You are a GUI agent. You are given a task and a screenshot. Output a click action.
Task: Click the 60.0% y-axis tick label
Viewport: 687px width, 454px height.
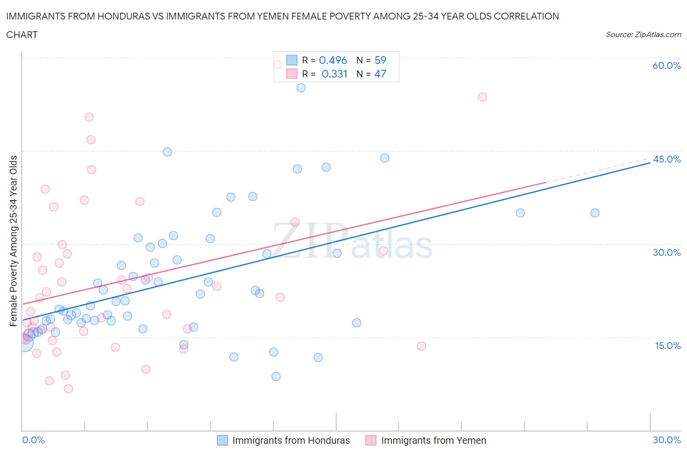click(x=666, y=65)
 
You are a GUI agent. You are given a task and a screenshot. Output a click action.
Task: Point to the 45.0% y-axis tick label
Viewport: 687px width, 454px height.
click(x=666, y=159)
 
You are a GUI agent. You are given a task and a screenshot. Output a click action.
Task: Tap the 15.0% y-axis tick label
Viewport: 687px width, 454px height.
click(x=667, y=346)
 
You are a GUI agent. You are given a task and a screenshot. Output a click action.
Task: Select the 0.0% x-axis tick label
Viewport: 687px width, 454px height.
click(x=33, y=440)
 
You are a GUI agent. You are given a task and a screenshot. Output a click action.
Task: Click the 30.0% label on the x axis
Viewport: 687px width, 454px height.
click(x=666, y=440)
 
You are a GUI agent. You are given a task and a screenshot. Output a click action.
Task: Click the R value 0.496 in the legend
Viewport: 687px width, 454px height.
click(x=333, y=60)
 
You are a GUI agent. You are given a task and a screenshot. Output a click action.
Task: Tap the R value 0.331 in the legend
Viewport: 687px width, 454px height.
click(x=334, y=74)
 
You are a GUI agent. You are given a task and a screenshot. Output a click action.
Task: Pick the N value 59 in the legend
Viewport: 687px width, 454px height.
click(x=380, y=60)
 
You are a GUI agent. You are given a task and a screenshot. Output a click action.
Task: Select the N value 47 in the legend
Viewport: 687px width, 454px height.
click(x=380, y=74)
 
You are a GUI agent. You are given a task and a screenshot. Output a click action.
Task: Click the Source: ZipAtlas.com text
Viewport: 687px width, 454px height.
click(x=643, y=34)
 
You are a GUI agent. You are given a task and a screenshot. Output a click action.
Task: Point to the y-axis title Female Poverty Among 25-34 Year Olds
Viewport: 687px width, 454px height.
click(x=13, y=241)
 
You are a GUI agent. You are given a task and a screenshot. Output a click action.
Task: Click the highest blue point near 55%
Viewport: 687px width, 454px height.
click(x=301, y=88)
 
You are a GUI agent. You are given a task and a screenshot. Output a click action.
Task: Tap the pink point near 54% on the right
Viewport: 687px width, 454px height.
click(x=482, y=97)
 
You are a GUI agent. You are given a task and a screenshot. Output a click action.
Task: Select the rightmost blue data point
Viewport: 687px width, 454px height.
click(x=595, y=213)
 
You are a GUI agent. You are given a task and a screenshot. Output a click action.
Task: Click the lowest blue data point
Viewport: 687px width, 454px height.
click(x=276, y=376)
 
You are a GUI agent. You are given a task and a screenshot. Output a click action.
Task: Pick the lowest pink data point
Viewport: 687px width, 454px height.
click(x=68, y=389)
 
